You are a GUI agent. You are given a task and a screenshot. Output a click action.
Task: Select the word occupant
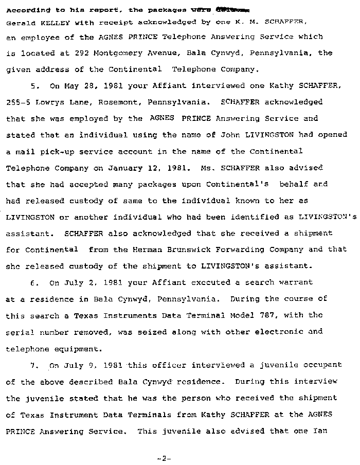click(322, 365)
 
